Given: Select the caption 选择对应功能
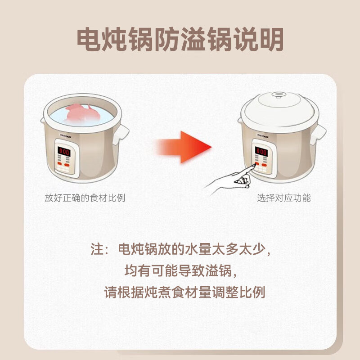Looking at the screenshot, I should (283, 198).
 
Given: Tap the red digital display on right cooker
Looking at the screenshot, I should (261, 152).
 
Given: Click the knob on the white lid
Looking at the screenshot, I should (279, 95).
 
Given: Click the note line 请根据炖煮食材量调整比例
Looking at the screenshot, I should (185, 292).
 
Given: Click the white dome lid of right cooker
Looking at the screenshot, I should (279, 108).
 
